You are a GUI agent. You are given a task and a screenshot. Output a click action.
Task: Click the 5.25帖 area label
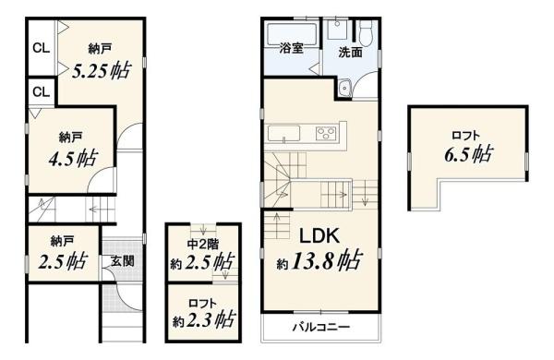(102, 71)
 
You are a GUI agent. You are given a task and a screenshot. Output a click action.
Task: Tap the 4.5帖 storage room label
(73, 158)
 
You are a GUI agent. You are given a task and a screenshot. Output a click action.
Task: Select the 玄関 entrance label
(123, 262)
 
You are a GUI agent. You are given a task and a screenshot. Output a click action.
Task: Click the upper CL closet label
(42, 48)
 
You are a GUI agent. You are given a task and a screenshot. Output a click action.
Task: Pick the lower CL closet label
(42, 92)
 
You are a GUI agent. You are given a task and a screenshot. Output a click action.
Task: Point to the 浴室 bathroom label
(292, 48)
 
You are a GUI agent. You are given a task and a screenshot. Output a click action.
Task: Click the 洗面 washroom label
(351, 53)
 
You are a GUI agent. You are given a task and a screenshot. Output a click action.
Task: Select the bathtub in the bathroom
(292, 34)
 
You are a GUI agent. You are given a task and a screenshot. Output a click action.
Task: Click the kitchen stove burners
(325, 133)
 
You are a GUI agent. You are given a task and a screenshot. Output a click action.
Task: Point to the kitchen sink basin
(283, 133)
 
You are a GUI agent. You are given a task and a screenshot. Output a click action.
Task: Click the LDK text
(319, 236)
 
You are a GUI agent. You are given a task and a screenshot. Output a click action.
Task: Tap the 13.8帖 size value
(326, 260)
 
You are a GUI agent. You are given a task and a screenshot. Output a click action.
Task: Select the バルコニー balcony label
(321, 327)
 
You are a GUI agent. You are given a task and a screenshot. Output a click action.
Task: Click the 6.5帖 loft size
(468, 154)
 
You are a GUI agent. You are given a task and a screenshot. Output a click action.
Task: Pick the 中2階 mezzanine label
(203, 244)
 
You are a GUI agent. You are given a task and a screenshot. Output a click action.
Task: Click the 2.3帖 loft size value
(210, 320)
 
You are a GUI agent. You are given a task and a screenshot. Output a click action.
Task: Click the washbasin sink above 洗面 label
(339, 30)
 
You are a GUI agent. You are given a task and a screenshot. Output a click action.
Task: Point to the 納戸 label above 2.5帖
(62, 242)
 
